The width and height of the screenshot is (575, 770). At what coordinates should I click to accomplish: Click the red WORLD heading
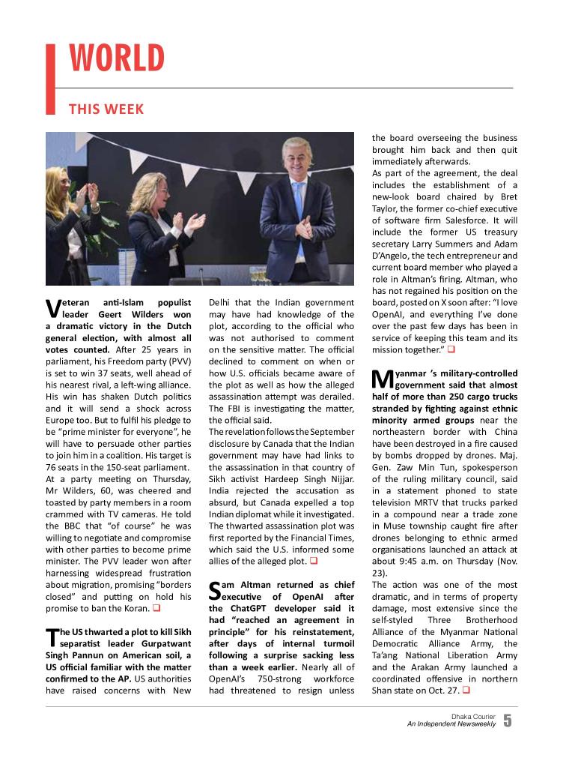point(117,59)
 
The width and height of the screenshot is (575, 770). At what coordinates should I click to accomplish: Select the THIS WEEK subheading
point(106,109)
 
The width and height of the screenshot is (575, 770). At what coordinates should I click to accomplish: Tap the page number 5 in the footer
point(508,721)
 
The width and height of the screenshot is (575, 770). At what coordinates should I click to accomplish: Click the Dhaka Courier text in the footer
point(473,716)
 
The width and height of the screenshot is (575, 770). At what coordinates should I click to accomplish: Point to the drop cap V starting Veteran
point(52,307)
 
